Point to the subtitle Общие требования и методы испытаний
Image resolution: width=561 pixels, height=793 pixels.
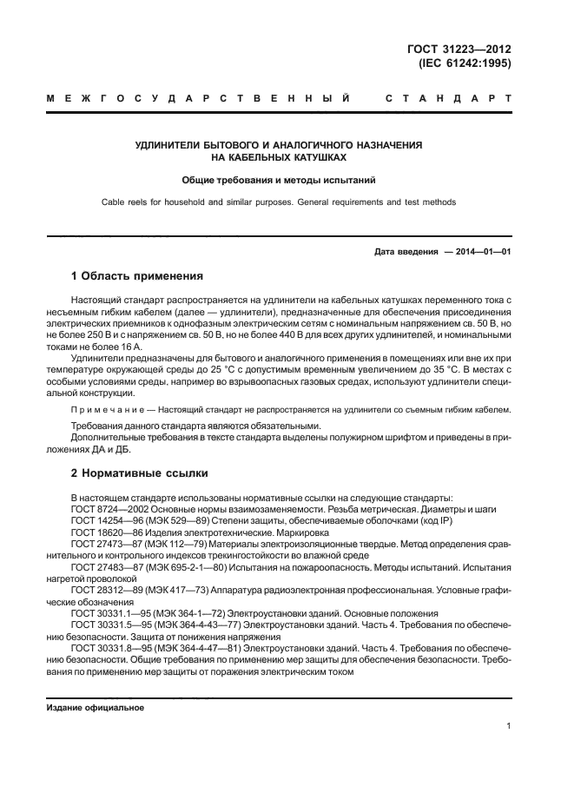click(x=279, y=181)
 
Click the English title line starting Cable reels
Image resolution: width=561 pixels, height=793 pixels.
click(x=279, y=202)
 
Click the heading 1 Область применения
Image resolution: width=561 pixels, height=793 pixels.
click(x=137, y=277)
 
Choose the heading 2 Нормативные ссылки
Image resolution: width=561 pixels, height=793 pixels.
click(x=139, y=475)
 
